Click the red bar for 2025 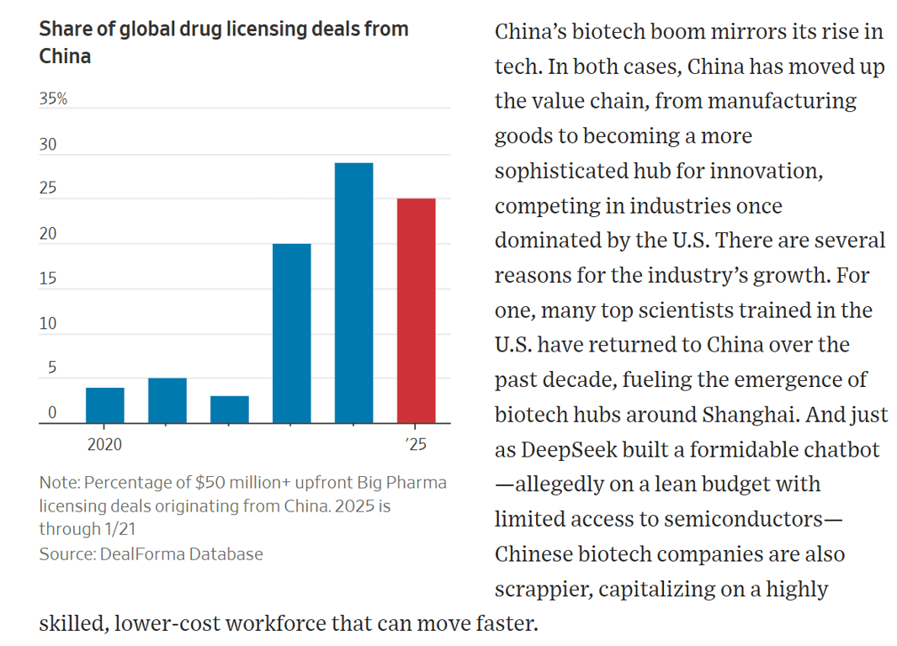pyautogui.click(x=416, y=310)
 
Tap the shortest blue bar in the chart pyautogui.click(x=229, y=409)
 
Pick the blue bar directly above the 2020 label pyautogui.click(x=105, y=405)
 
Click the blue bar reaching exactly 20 pyautogui.click(x=291, y=333)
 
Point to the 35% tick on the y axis pyautogui.click(x=53, y=99)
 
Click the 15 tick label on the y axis pyautogui.click(x=48, y=278)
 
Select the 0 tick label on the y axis pyautogui.click(x=51, y=412)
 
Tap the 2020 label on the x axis pyautogui.click(x=104, y=445)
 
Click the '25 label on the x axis pyautogui.click(x=416, y=445)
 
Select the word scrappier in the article pyautogui.click(x=544, y=590)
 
